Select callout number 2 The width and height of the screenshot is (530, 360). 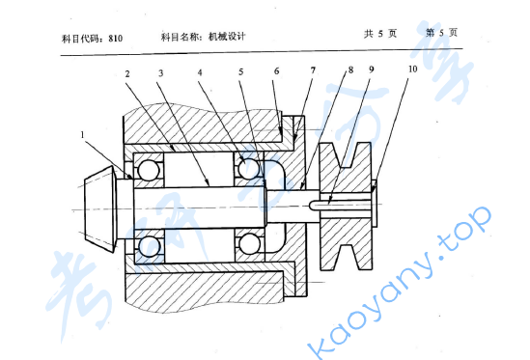click(126, 73)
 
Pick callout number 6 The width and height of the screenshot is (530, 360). click(277, 72)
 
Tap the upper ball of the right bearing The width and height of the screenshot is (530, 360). click(248, 170)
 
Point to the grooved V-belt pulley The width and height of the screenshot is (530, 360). click(344, 208)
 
